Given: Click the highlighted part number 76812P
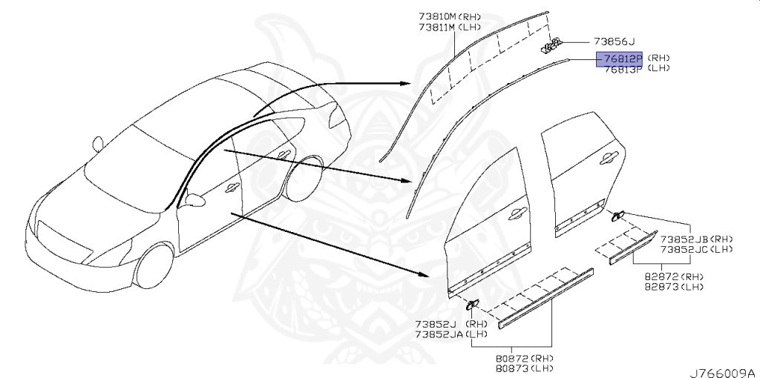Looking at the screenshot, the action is (622, 58).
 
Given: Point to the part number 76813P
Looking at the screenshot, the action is (622, 68).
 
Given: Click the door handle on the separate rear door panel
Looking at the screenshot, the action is (608, 156).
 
